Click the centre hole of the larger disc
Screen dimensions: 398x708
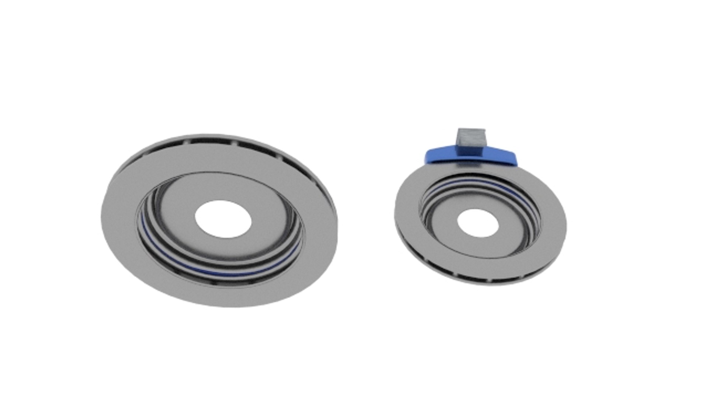[x=223, y=219]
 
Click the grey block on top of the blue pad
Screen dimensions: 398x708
[x=471, y=142]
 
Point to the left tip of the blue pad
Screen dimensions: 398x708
[x=427, y=157]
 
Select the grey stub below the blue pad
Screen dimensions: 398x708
[x=468, y=166]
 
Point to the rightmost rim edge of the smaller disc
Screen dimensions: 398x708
[x=565, y=225]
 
